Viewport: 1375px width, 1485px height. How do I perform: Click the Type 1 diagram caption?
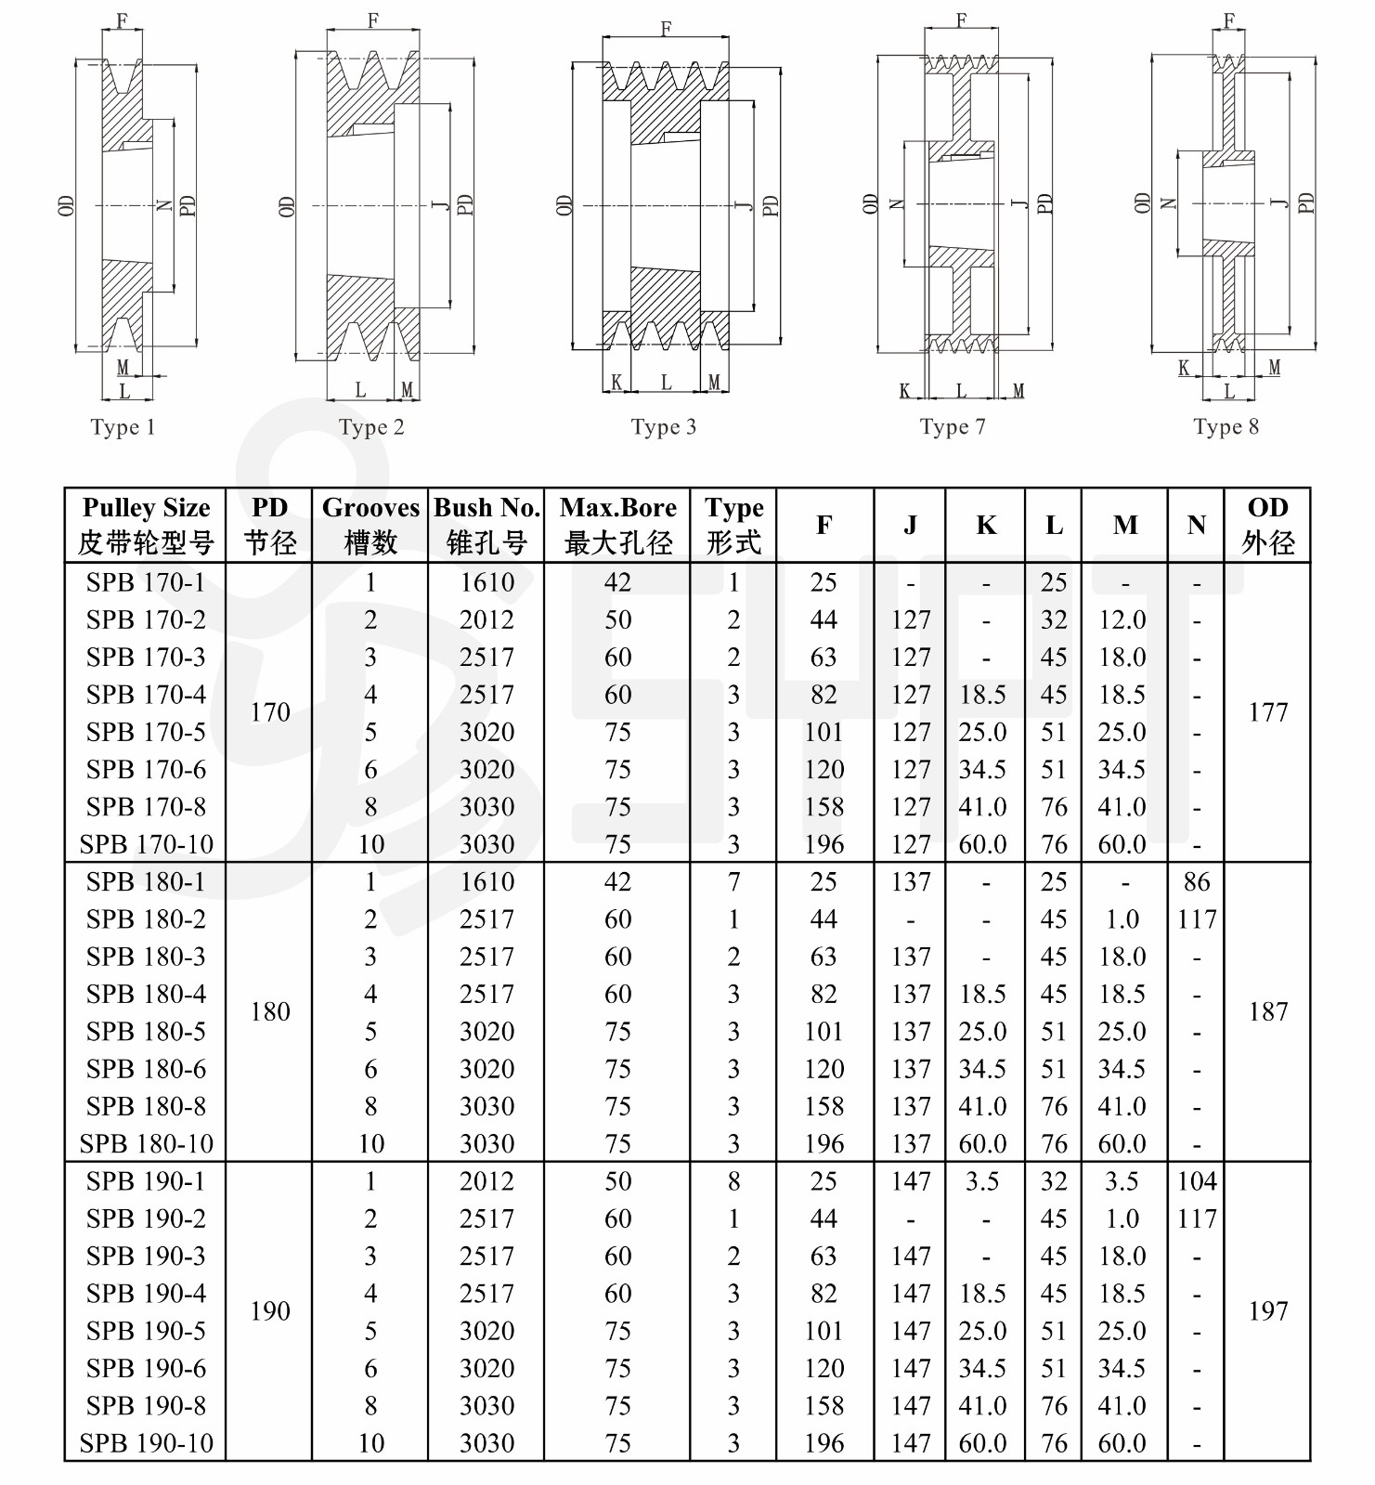(123, 427)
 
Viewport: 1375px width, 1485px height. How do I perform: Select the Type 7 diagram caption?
(953, 426)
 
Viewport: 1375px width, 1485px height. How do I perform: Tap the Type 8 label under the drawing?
(1226, 426)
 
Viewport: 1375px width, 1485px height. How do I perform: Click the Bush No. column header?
(486, 525)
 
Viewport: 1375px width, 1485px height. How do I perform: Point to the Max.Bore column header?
(617, 525)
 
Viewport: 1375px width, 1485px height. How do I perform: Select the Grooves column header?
(370, 525)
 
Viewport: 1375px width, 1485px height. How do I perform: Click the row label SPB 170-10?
(146, 844)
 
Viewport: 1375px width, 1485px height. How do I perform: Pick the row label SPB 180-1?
(146, 881)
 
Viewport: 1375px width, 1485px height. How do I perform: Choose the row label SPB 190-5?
(146, 1331)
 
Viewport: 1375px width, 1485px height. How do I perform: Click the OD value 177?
(1267, 712)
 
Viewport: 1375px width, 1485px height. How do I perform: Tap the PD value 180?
(270, 1011)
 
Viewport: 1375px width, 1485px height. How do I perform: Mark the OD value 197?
(1267, 1311)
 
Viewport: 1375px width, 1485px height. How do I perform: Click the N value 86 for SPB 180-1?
(1197, 881)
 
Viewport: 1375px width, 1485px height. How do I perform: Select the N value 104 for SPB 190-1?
(1197, 1181)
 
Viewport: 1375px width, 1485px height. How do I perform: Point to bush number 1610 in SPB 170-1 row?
(486, 582)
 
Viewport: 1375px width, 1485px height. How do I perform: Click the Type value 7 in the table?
(733, 881)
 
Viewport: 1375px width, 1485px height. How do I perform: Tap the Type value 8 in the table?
(733, 1181)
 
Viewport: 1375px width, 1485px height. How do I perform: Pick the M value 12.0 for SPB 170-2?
(1122, 619)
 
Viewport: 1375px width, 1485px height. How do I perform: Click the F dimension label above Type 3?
(666, 29)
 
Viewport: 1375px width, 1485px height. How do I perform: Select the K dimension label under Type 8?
(1184, 368)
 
